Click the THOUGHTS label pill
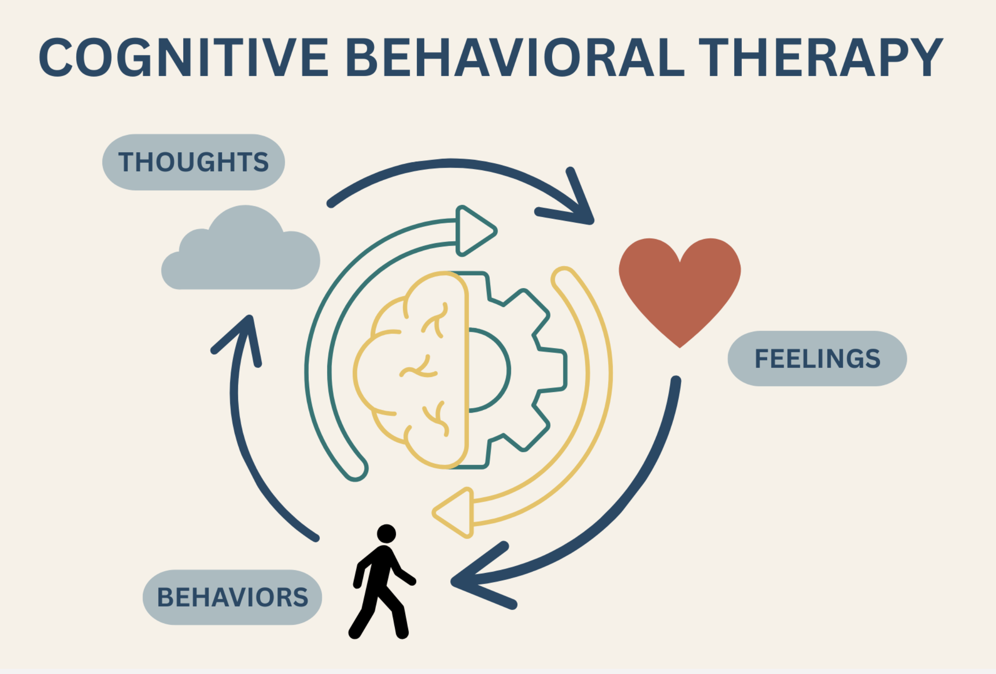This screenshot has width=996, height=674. click(x=194, y=162)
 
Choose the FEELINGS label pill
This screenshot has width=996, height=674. click(x=817, y=358)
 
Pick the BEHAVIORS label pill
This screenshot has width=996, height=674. click(x=232, y=597)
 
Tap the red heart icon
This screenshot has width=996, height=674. click(x=679, y=284)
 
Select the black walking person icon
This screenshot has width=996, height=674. click(x=381, y=585)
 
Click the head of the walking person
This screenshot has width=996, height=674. click(x=386, y=533)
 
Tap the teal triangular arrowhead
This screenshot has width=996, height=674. click(x=475, y=231)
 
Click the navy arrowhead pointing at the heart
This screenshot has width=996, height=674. click(x=576, y=206)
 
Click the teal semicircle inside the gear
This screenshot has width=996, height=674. click(x=488, y=370)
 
